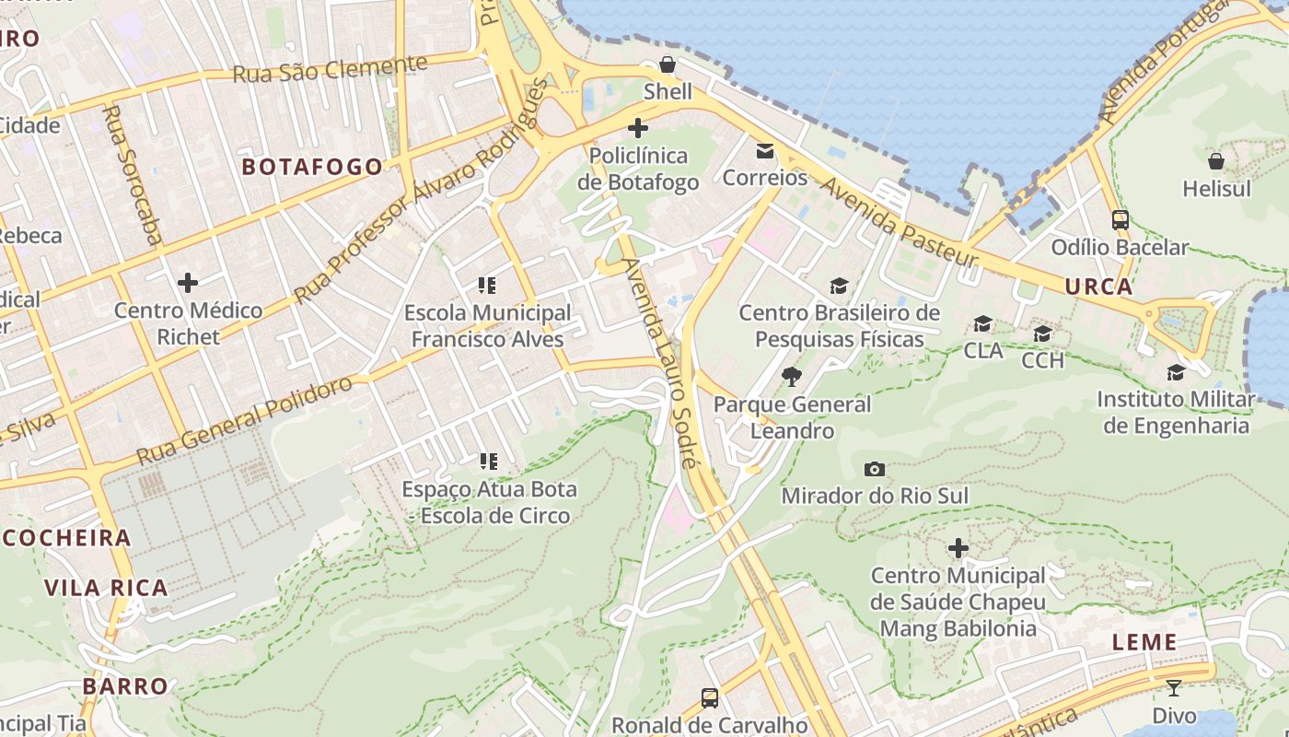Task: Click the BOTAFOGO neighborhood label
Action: [311, 167]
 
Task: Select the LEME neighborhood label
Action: [1144, 642]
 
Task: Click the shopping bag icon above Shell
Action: [668, 64]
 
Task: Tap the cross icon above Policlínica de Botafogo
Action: [637, 128]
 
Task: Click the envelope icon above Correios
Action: [765, 151]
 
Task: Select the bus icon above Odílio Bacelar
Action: [1121, 220]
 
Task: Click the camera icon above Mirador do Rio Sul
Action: [875, 470]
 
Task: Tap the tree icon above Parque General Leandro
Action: [791, 377]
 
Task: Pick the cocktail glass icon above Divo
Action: [1174, 687]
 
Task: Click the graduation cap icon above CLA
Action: [983, 323]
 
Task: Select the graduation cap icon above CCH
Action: [1042, 333]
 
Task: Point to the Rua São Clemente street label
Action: [330, 69]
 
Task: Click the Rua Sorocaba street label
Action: [132, 174]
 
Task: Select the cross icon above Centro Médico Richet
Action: [188, 282]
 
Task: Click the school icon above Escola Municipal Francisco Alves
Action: [487, 286]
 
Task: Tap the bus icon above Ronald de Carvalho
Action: [709, 697]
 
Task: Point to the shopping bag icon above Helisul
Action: [1216, 161]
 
